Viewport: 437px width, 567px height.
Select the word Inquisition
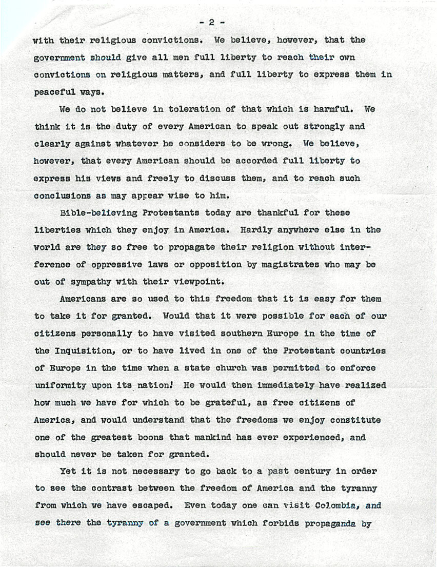(84, 351)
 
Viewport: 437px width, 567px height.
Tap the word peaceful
(53, 92)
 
